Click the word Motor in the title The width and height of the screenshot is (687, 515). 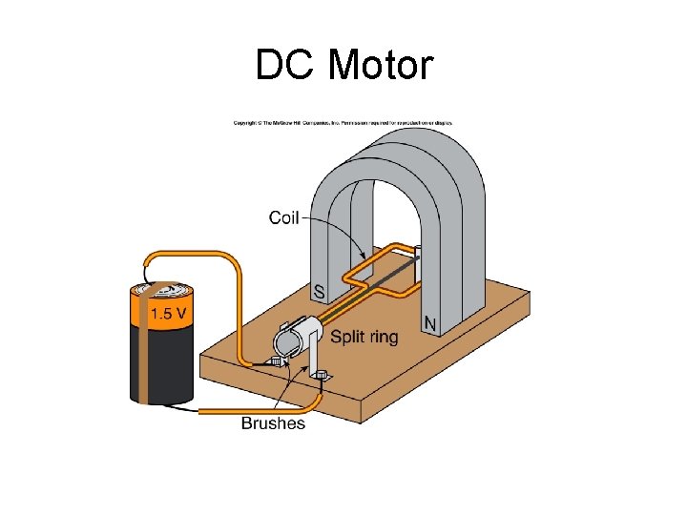[x=380, y=66]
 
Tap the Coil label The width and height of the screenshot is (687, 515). [x=283, y=218]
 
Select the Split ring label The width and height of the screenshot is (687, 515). [x=364, y=337]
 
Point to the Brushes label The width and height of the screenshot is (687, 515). [x=273, y=422]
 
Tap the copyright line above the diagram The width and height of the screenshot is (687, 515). [x=343, y=123]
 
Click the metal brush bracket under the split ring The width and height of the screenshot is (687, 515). [x=311, y=362]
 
